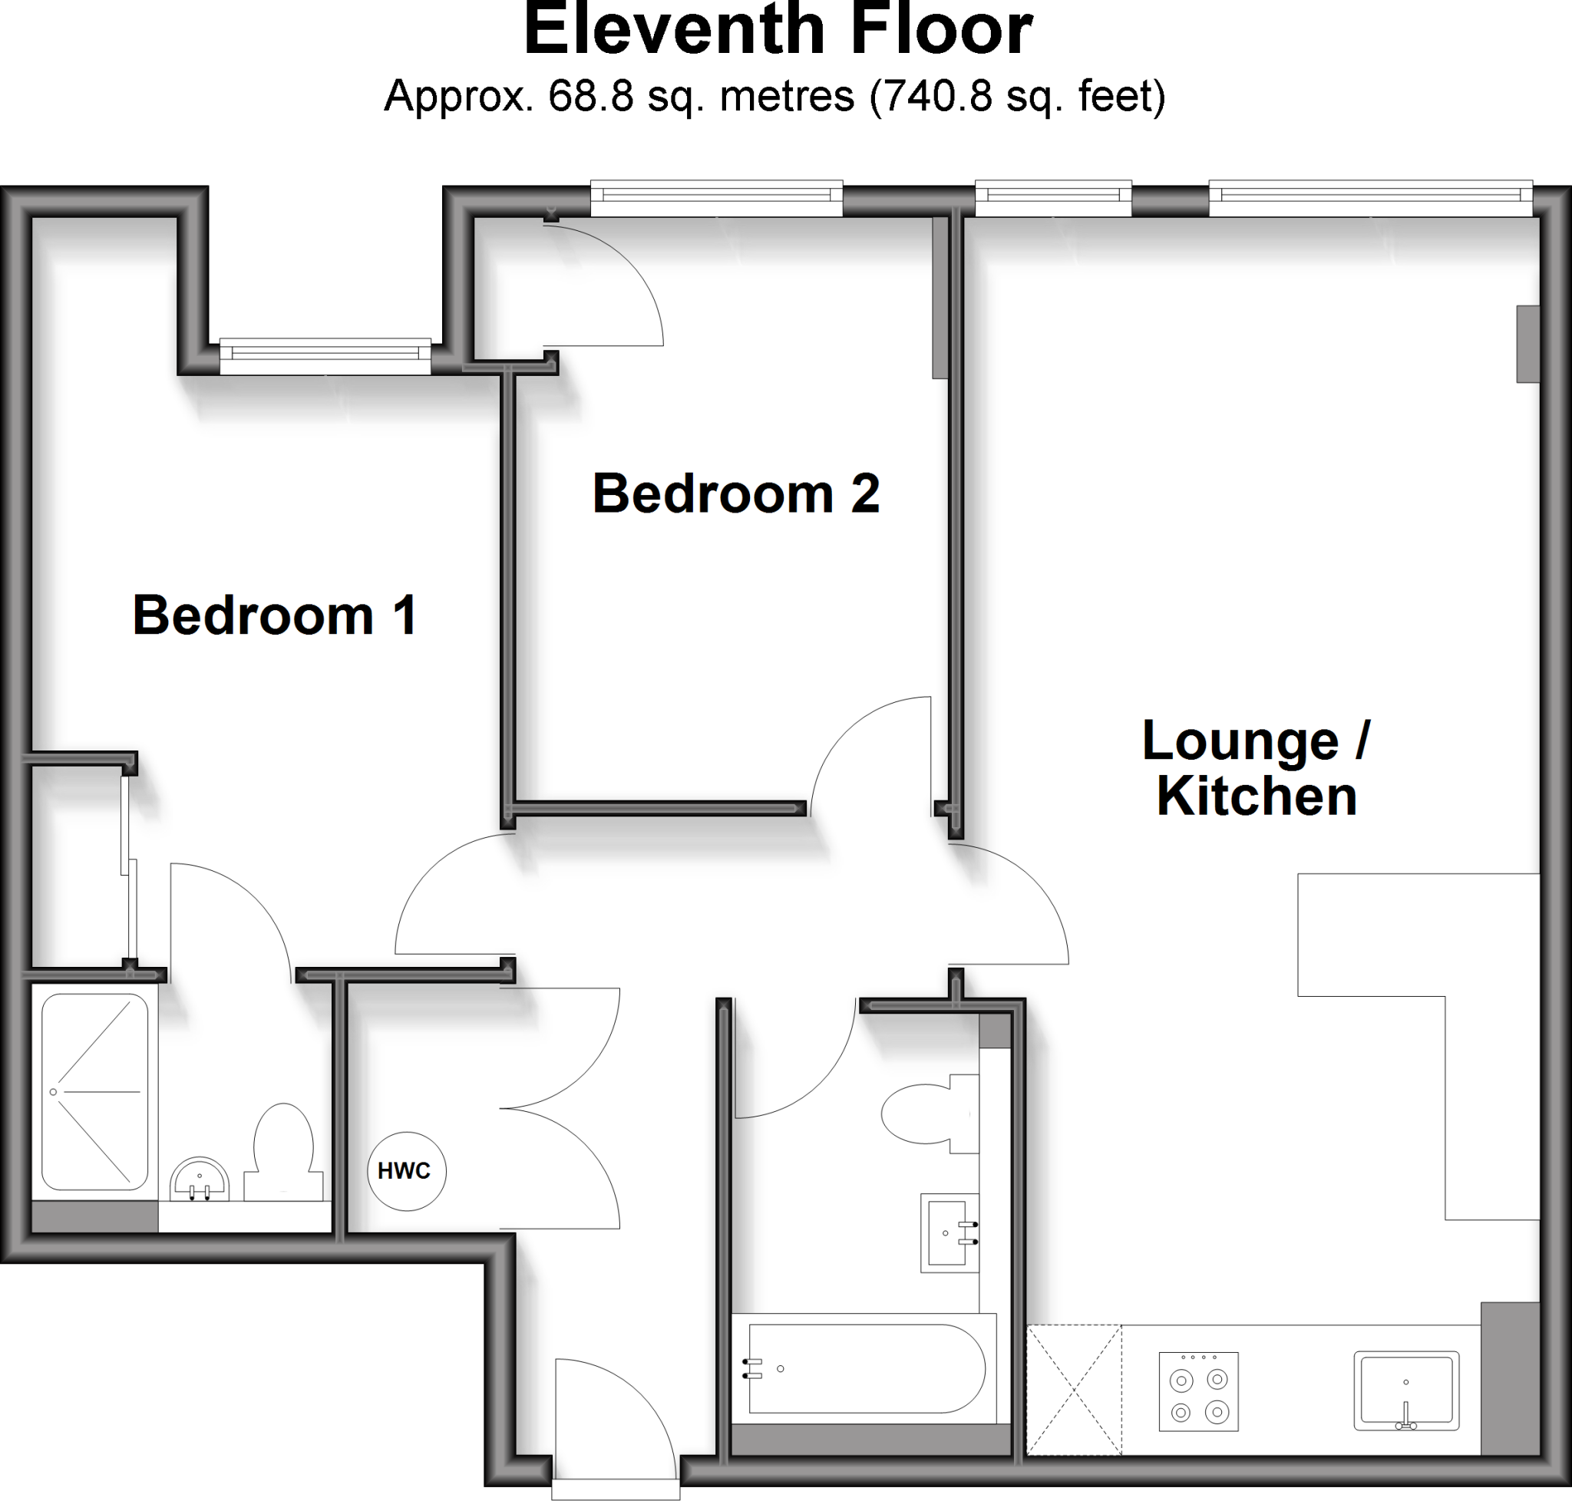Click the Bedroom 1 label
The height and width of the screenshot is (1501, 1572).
(275, 616)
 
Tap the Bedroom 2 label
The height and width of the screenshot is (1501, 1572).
(735, 493)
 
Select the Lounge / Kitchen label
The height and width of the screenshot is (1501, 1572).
(1256, 768)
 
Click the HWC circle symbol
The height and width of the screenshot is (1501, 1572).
(407, 1171)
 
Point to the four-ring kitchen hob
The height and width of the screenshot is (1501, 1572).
(1198, 1391)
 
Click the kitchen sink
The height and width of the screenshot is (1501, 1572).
(1405, 1390)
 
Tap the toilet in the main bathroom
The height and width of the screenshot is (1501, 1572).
(929, 1113)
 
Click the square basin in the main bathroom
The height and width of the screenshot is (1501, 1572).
(949, 1233)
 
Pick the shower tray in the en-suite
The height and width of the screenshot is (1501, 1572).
(94, 1092)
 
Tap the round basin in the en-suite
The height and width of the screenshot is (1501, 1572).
(200, 1180)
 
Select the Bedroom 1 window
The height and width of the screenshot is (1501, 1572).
(325, 357)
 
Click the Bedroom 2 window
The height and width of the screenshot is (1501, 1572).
(716, 199)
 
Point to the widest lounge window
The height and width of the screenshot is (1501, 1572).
(1369, 199)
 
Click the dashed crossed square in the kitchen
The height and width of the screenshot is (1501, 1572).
(1073, 1390)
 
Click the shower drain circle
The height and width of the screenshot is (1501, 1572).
(54, 1092)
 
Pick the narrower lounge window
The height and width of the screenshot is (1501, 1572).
(1052, 199)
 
